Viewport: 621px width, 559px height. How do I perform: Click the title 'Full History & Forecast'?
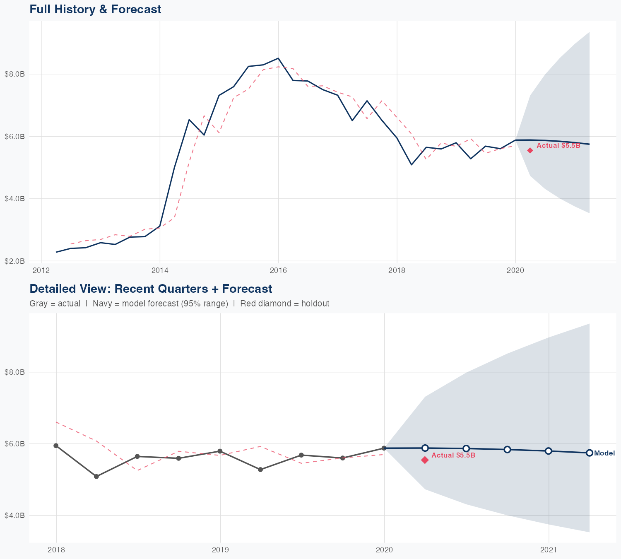click(x=95, y=10)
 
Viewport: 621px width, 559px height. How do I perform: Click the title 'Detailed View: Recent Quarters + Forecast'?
click(x=151, y=289)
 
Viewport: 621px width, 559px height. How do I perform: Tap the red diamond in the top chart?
click(x=530, y=150)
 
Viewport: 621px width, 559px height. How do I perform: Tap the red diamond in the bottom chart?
click(x=425, y=460)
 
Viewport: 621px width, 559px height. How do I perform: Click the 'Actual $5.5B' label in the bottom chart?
click(x=453, y=455)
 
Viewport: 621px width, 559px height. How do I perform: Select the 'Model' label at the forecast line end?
click(x=604, y=453)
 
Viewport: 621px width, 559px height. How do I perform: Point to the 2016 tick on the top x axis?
click(x=278, y=270)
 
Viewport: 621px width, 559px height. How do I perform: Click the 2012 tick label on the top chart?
click(x=41, y=270)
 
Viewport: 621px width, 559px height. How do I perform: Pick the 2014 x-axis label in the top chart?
click(x=160, y=270)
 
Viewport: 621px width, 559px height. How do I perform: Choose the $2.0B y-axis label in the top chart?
click(x=14, y=261)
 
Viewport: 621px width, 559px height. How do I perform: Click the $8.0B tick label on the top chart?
click(x=14, y=74)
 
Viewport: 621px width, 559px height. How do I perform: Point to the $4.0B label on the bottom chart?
click(x=14, y=516)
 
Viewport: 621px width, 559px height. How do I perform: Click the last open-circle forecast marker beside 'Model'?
click(x=590, y=453)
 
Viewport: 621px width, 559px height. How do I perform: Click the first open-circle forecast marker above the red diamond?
click(x=425, y=448)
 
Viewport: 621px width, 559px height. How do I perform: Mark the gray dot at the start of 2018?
click(x=56, y=446)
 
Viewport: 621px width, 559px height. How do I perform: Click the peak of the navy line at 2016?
click(x=278, y=58)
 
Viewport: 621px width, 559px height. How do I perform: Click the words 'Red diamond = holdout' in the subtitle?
click(x=284, y=304)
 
